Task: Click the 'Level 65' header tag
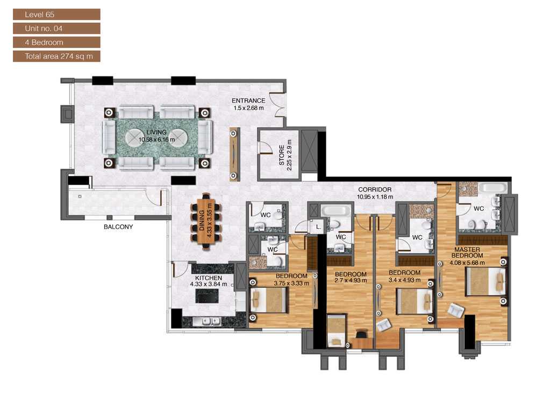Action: coord(56,15)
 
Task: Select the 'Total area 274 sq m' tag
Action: coord(56,56)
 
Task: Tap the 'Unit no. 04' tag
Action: coord(56,29)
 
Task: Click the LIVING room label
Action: coord(156,132)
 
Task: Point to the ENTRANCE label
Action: coord(248,101)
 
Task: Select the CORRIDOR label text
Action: coord(375,190)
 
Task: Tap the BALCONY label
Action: coord(118,227)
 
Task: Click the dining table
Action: coord(206,221)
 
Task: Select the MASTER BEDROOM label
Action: coord(467,252)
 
